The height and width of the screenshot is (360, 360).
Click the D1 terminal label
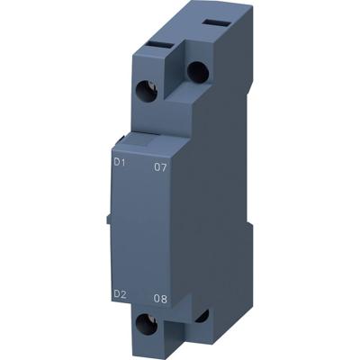[x=119, y=162]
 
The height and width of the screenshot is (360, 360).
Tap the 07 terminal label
[x=161, y=166]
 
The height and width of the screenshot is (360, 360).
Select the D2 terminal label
[x=119, y=293]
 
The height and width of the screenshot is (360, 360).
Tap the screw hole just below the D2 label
[x=144, y=327]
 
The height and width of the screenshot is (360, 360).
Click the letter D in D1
[x=116, y=162]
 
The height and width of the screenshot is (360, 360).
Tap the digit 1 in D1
[x=122, y=162]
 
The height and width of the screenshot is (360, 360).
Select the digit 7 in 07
[x=165, y=166]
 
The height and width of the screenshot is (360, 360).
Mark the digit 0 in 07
[x=157, y=166]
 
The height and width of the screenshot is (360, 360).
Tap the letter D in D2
[x=116, y=293]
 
